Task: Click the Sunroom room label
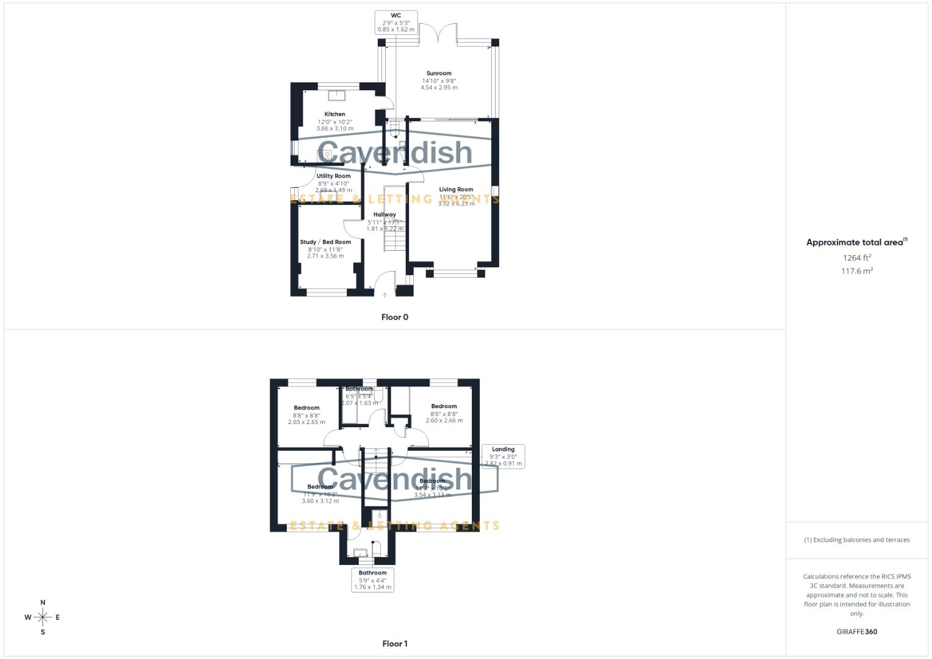click(x=439, y=74)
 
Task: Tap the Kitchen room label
click(x=334, y=115)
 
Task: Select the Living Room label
click(x=456, y=190)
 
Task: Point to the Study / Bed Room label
click(x=325, y=242)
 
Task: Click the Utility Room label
click(x=333, y=176)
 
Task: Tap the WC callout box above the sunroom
click(x=396, y=23)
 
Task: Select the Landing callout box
click(x=503, y=456)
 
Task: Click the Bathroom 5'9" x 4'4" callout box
click(x=372, y=580)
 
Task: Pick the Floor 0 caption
click(x=395, y=317)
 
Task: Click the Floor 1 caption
click(x=395, y=644)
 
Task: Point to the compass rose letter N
click(x=43, y=603)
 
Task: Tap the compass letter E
click(x=58, y=618)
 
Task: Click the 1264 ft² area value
click(x=857, y=258)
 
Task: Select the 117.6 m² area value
click(x=857, y=272)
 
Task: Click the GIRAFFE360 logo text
click(x=857, y=632)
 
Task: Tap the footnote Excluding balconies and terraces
click(x=857, y=540)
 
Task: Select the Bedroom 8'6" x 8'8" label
click(x=444, y=406)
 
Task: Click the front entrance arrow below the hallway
click(x=385, y=295)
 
